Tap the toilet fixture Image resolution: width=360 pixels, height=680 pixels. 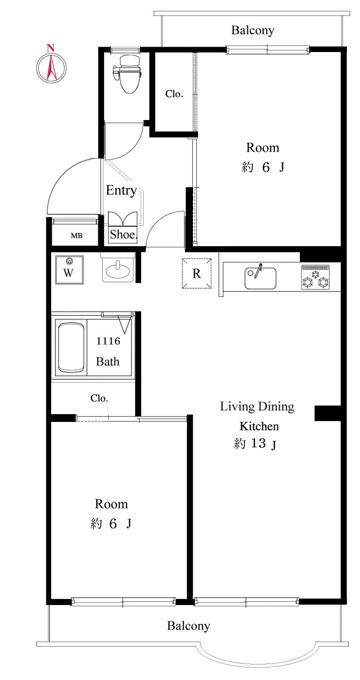click(128, 74)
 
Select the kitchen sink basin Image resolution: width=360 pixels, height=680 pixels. click(260, 278)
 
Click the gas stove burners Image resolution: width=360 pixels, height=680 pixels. click(315, 278)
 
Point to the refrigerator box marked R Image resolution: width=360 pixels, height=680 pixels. click(197, 273)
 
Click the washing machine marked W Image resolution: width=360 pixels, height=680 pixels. click(69, 269)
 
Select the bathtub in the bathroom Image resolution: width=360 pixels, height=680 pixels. click(71, 347)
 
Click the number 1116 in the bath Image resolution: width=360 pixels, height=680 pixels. click(108, 341)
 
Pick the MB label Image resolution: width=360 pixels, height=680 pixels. click(77, 236)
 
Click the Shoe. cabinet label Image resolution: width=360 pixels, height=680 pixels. click(124, 235)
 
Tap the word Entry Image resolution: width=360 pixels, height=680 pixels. click(121, 190)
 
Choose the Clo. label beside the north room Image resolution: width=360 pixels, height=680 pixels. click(174, 94)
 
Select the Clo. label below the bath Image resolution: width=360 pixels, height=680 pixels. click(99, 398)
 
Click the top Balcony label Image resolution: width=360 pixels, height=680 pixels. click(253, 30)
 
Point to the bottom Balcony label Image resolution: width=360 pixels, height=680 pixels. click(189, 626)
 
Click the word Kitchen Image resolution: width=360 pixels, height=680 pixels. click(259, 426)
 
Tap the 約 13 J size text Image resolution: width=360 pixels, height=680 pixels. click(255, 444)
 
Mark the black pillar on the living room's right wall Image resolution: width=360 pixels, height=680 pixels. click(329, 413)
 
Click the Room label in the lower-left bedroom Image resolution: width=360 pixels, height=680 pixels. click(111, 504)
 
